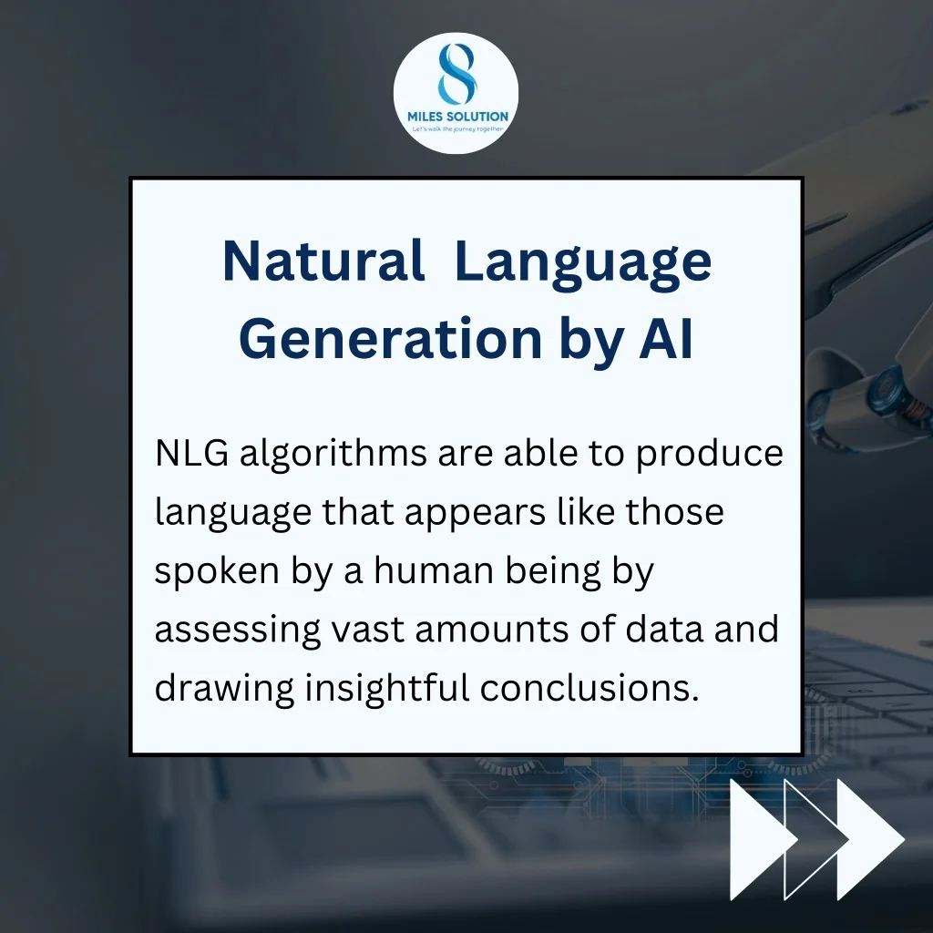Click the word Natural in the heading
coord(323,261)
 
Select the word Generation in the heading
coord(391,339)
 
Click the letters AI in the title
coord(666,339)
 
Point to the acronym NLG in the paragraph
coord(191,453)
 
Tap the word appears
coord(475,514)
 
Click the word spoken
coord(217,572)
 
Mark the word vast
coord(368,631)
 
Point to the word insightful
coord(387,690)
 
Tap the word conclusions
coord(590,688)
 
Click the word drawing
coord(224,690)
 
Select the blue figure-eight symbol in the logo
coord(456,74)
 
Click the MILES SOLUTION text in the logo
coord(457,116)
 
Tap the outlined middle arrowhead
coord(816,839)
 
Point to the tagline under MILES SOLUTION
coord(457,129)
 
